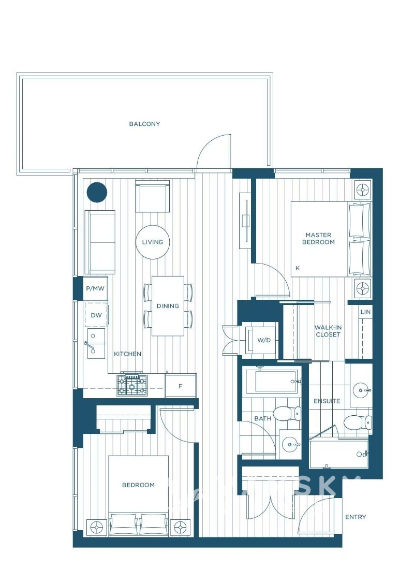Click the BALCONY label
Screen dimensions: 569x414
tap(144, 124)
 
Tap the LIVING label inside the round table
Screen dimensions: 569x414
tap(153, 242)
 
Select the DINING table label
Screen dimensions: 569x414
tap(168, 306)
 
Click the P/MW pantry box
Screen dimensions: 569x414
tap(95, 288)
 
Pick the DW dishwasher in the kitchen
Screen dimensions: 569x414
tap(96, 315)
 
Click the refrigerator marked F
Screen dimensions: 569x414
tap(181, 386)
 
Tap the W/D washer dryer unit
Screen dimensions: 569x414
tap(263, 340)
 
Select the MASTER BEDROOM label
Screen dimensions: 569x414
tap(318, 239)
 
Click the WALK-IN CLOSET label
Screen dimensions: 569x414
tap(328, 331)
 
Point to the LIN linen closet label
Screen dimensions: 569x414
tap(365, 312)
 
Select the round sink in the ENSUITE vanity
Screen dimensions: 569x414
tap(361, 389)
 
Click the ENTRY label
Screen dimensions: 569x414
tap(355, 517)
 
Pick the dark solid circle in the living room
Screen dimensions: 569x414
tap(96, 193)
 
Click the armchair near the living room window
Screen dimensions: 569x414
tap(153, 197)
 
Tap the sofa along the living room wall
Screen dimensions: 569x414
tap(100, 242)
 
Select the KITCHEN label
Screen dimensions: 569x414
tap(127, 354)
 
